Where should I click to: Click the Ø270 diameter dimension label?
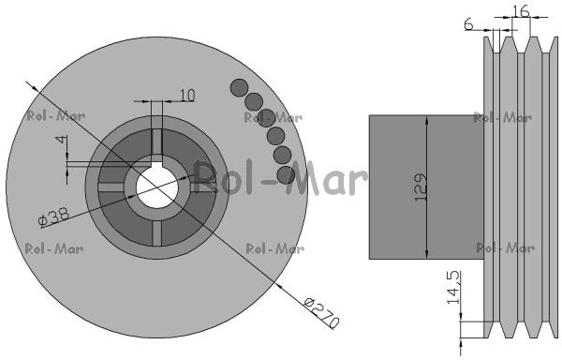320,313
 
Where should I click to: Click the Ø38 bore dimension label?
53,217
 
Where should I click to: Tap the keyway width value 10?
187,96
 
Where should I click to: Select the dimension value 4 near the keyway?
63,139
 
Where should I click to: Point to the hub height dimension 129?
421,187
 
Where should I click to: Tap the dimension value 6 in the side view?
469,24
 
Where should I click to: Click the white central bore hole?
157,187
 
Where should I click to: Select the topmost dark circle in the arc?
239,88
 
